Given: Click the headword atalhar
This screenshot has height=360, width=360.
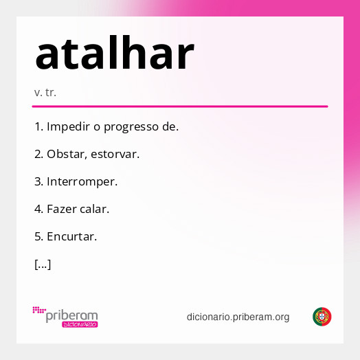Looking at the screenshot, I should [x=115, y=55].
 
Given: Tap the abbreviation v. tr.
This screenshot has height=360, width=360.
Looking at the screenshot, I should [x=45, y=92].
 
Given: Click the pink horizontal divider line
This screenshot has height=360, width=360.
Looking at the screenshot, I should [x=180, y=106].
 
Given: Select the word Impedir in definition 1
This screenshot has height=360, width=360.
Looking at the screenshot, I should [x=67, y=127].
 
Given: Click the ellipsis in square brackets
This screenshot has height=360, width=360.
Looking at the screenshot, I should [x=43, y=265].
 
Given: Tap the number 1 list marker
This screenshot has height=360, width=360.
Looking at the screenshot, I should [x=38, y=127].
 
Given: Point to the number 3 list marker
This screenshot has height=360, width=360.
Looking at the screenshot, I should [x=38, y=182].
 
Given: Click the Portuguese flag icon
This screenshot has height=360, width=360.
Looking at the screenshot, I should [x=322, y=317].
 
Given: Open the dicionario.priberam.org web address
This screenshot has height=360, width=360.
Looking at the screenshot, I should [x=238, y=317].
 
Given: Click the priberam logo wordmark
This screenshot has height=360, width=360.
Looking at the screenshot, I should [x=72, y=315].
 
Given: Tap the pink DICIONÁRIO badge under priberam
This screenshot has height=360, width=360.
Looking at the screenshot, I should [x=80, y=324].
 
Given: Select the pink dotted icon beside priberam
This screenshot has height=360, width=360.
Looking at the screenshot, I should [x=39, y=311].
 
